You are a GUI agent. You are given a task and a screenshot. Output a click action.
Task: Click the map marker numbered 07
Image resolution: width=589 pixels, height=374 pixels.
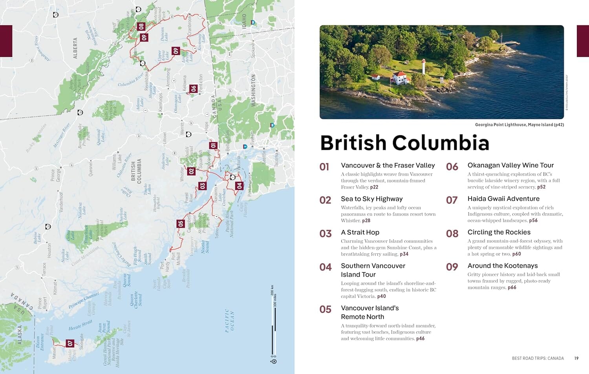pos(70,343)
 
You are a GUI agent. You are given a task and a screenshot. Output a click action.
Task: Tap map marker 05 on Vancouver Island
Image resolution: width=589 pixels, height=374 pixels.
pos(180,224)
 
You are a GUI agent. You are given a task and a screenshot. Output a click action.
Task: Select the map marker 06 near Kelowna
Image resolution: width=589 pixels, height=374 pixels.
pos(193,89)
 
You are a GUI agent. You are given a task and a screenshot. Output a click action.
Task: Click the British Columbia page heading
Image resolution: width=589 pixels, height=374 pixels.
pos(404,143)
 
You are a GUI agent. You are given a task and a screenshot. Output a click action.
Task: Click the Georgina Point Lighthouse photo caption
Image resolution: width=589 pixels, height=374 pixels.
pos(519,125)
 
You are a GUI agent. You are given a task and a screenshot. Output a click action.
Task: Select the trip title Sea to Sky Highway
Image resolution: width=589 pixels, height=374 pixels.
pos(371,199)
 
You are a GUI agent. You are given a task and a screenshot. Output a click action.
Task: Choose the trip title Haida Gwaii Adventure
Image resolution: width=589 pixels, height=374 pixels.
pos(503,199)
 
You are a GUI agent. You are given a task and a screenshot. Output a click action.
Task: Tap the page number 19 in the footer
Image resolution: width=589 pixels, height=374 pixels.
pos(576,358)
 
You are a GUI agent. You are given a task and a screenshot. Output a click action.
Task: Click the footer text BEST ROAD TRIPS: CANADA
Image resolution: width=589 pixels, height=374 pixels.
pos(538,358)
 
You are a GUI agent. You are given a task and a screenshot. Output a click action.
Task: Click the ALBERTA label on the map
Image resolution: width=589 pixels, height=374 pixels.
pos(75,48)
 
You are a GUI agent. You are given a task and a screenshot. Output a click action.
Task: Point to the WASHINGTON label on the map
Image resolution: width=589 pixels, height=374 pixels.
pos(253,90)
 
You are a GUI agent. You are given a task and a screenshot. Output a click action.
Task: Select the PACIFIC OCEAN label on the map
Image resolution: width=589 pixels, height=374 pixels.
pos(229,320)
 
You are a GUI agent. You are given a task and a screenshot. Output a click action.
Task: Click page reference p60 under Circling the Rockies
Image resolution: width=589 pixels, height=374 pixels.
pos(516,254)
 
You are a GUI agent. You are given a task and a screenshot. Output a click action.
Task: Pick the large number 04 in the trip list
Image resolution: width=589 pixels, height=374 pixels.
pos(326,267)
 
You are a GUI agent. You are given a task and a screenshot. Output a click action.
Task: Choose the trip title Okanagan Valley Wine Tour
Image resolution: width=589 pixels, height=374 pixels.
pos(510,165)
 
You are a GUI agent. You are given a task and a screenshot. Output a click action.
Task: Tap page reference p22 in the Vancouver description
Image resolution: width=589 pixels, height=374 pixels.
pos(374,187)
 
